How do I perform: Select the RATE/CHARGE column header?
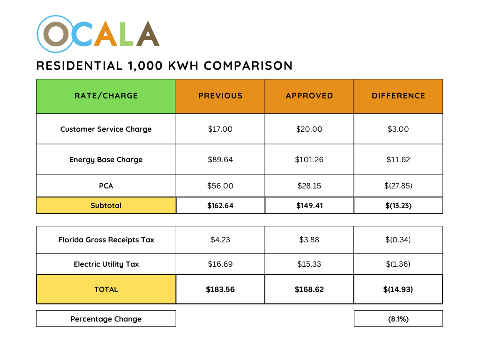[106, 96]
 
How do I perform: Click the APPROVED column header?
[309, 96]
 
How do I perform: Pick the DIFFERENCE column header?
[398, 96]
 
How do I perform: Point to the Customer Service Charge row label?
[106, 129]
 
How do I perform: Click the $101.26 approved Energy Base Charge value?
[309, 159]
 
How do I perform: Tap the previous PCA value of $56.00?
[220, 186]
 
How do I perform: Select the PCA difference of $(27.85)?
[398, 186]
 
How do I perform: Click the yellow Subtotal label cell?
[106, 205]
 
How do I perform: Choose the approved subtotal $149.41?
[309, 205]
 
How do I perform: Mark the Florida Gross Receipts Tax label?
[106, 240]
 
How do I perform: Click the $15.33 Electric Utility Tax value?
[309, 264]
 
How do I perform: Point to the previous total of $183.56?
[220, 289]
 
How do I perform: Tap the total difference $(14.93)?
[398, 289]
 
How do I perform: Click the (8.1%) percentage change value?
[398, 319]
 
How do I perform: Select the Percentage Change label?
[106, 319]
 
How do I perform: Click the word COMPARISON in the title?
[248, 66]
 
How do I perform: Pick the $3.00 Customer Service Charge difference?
[398, 129]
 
